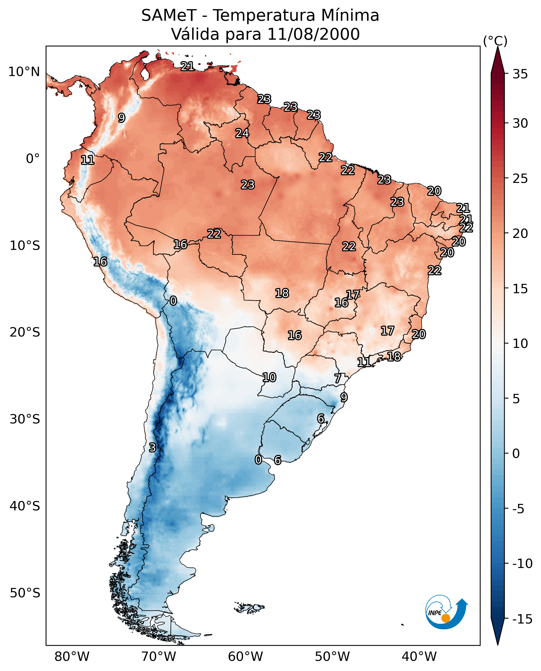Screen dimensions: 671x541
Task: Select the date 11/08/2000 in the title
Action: coord(313,34)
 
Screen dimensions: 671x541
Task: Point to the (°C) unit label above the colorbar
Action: coord(495,41)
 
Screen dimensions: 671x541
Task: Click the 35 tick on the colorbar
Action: coord(520,74)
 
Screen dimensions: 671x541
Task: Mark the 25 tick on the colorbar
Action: coord(520,179)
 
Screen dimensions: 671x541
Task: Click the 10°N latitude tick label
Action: coord(24,72)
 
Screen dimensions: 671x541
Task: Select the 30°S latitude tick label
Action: coord(25,419)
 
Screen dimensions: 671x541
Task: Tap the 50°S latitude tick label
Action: coord(25,593)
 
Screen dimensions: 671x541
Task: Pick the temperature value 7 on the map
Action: coord(337,379)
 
